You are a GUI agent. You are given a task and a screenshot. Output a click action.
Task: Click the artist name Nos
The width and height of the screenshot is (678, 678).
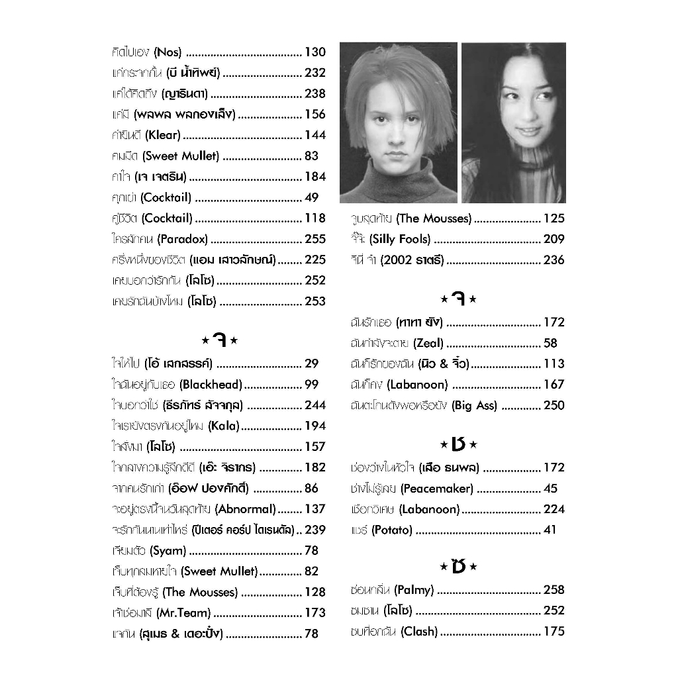click(167, 52)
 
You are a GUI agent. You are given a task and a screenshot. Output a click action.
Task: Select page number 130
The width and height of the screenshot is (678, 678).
click(315, 52)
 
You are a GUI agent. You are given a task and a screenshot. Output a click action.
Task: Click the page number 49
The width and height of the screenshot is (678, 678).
click(311, 197)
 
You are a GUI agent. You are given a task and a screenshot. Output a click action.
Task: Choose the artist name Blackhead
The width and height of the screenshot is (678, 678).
click(211, 384)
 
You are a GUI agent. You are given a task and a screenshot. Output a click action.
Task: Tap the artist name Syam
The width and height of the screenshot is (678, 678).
click(168, 550)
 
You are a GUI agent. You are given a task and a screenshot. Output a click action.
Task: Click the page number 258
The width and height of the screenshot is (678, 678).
click(554, 589)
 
